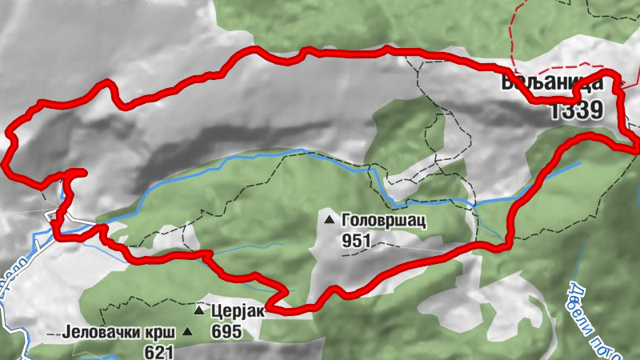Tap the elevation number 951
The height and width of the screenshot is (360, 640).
(x=357, y=239)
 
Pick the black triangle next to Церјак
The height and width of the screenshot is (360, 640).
(x=198, y=309)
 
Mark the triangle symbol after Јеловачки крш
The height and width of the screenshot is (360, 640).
(x=188, y=331)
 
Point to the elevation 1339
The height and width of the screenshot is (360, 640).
(x=576, y=110)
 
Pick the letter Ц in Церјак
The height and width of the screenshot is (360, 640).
(x=217, y=310)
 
